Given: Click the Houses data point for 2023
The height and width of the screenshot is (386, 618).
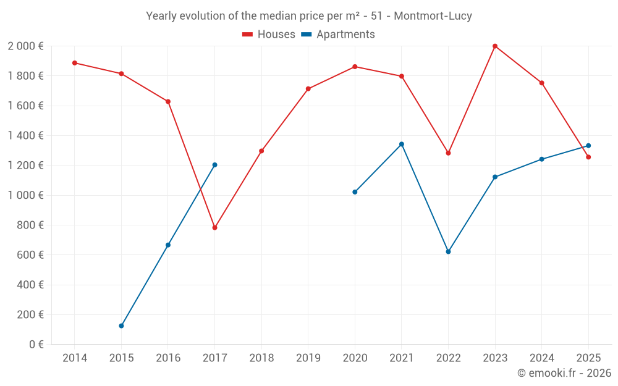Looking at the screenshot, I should pyautogui.click(x=495, y=46).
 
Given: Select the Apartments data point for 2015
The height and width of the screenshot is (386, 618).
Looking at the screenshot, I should pyautogui.click(x=121, y=325).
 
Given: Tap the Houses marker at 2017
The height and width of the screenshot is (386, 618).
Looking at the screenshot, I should pyautogui.click(x=214, y=227).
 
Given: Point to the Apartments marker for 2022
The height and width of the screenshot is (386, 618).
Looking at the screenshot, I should pyautogui.click(x=448, y=251).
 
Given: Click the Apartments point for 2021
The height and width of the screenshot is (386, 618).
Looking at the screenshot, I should pyautogui.click(x=402, y=144).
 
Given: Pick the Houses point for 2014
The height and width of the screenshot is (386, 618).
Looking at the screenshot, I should pyautogui.click(x=75, y=63).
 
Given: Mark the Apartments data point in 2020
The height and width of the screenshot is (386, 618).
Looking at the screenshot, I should pyautogui.click(x=355, y=192).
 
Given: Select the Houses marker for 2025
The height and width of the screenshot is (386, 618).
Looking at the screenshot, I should pyautogui.click(x=588, y=157).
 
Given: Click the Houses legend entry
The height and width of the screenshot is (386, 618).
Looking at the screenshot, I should pyautogui.click(x=269, y=35).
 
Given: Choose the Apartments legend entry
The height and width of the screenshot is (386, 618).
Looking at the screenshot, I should pyautogui.click(x=338, y=35).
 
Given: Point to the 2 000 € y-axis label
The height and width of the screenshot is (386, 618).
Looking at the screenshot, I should pyautogui.click(x=25, y=46).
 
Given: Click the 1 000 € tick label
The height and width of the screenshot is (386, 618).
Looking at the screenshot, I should pyautogui.click(x=25, y=195).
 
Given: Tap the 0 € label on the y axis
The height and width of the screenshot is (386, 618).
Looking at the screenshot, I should pyautogui.click(x=35, y=345).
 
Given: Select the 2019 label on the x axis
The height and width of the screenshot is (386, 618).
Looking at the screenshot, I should pyautogui.click(x=308, y=358).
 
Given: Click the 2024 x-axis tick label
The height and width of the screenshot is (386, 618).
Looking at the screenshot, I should pyautogui.click(x=541, y=358).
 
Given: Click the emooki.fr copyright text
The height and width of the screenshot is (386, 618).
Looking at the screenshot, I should pyautogui.click(x=564, y=373).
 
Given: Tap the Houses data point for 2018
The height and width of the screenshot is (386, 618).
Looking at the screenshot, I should pyautogui.click(x=261, y=151).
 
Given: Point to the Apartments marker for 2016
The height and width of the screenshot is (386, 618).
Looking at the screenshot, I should pyautogui.click(x=168, y=245).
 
